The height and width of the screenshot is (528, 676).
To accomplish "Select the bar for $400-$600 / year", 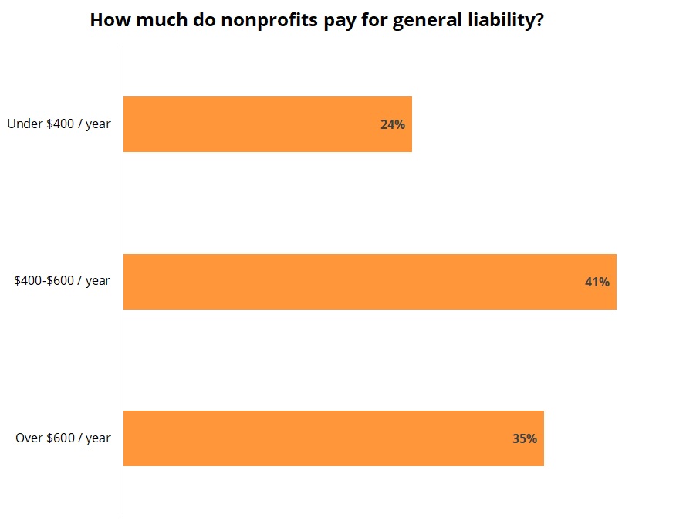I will coord(369,282).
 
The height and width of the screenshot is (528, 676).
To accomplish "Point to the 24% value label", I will coord(392,124).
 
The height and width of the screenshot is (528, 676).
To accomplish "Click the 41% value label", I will coord(597,282).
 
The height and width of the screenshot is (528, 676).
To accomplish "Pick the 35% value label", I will coord(524,438).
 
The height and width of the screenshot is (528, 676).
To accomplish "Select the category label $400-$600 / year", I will coord(62,281).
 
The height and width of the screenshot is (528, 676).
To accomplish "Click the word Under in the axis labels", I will coord(22,124).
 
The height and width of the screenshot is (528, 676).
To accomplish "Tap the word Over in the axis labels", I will coord(29,438).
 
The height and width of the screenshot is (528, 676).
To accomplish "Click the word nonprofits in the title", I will coord(254,20).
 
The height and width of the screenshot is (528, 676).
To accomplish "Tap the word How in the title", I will coord(106,20).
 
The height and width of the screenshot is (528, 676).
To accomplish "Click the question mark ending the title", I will coord(539,20).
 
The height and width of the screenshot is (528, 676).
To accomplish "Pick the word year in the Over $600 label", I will coord(98,438).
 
